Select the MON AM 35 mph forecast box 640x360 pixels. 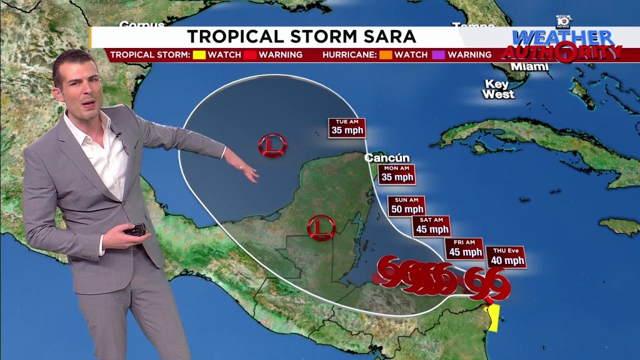click(397, 173)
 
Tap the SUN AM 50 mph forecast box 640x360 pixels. click(406, 206)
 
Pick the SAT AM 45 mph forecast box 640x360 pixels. click(431, 226)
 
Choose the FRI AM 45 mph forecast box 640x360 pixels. click(464, 248)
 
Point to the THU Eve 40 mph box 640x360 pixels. click(506, 257)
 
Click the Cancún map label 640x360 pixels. click(383, 158)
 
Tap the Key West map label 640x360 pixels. click(498, 89)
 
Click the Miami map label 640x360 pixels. click(529, 67)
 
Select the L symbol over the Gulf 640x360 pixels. click(272, 145)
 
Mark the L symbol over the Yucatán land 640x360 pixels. click(321, 227)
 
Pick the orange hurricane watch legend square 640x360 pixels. click(385, 55)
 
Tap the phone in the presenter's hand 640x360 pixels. click(135, 230)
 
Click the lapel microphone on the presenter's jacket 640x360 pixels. click(118, 134)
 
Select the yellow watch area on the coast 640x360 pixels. click(493, 317)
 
